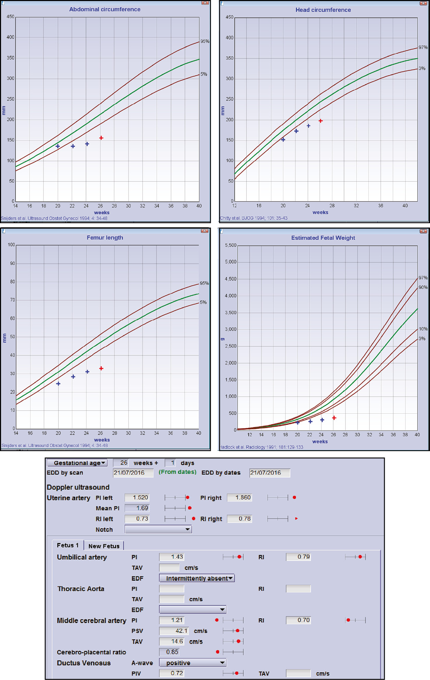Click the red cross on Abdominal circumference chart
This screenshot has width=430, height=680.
pos(101,138)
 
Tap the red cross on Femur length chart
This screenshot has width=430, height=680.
pos(101,368)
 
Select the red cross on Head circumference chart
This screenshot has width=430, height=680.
pos(321,121)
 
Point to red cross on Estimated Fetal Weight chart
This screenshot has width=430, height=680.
pos(334,418)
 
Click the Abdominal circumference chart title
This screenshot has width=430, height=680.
pos(105,9)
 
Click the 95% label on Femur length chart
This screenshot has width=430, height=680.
pos(204,283)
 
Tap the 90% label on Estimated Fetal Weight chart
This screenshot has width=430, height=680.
pos(423,288)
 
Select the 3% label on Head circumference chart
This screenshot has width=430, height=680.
pos(422,69)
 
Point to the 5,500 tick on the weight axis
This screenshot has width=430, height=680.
pos(231,245)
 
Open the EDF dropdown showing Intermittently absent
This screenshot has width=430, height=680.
pos(197,578)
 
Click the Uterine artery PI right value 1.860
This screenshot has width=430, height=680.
pos(239,497)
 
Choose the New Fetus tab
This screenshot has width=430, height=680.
pos(104,546)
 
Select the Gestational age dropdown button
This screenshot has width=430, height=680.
pos(77,463)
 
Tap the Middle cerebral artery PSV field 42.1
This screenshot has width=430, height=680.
pos(174,631)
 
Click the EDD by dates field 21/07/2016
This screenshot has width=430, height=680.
pos(269,473)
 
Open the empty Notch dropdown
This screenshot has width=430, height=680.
pos(158,530)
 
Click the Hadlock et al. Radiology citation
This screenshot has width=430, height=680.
pos(261,447)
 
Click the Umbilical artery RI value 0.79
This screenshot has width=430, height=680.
pos(298,557)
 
